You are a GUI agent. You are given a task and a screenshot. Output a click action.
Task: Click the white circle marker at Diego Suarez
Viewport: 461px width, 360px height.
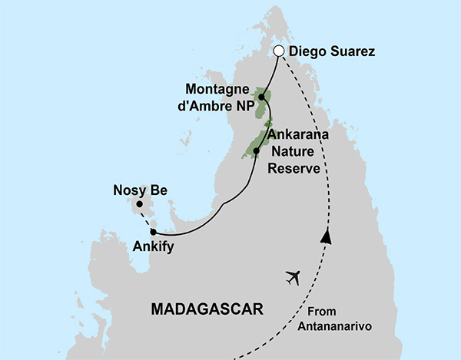tap(280, 52)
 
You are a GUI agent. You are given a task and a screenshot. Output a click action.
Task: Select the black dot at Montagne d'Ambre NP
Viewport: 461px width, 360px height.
tap(263, 97)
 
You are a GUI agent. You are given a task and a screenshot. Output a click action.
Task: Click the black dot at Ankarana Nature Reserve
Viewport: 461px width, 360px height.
tap(257, 150)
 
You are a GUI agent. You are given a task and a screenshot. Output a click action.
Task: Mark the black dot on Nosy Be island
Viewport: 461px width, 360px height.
tap(140, 205)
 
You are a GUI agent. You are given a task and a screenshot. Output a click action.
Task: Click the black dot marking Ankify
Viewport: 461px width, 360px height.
tap(154, 231)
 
